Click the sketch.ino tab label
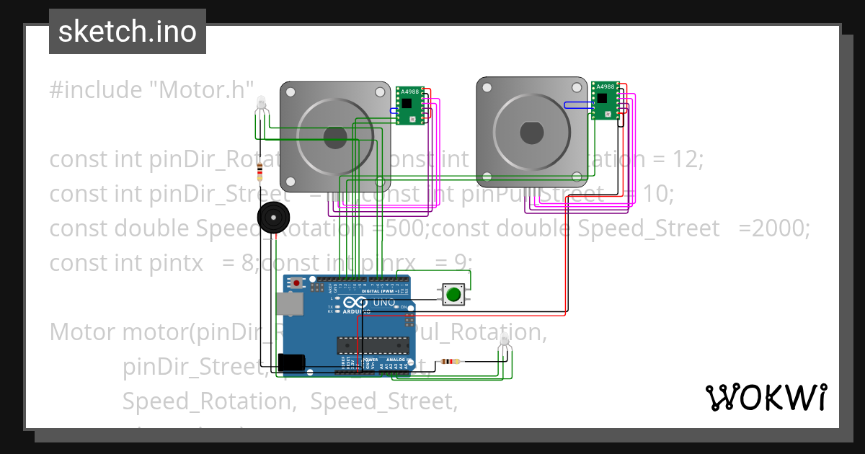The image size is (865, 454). click(x=128, y=32)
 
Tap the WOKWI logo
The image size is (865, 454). click(x=766, y=397)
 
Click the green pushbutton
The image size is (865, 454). click(x=453, y=294)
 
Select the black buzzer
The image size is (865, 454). click(x=274, y=217)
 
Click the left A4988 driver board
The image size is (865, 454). click(x=409, y=104)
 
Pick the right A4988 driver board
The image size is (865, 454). click(x=605, y=99)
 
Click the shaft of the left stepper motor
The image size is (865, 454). click(x=335, y=137)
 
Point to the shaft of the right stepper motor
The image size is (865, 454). click(x=531, y=133)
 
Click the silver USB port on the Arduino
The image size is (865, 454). click(x=289, y=303)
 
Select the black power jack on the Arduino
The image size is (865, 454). click(x=290, y=362)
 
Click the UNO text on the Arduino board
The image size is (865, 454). click(x=384, y=303)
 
